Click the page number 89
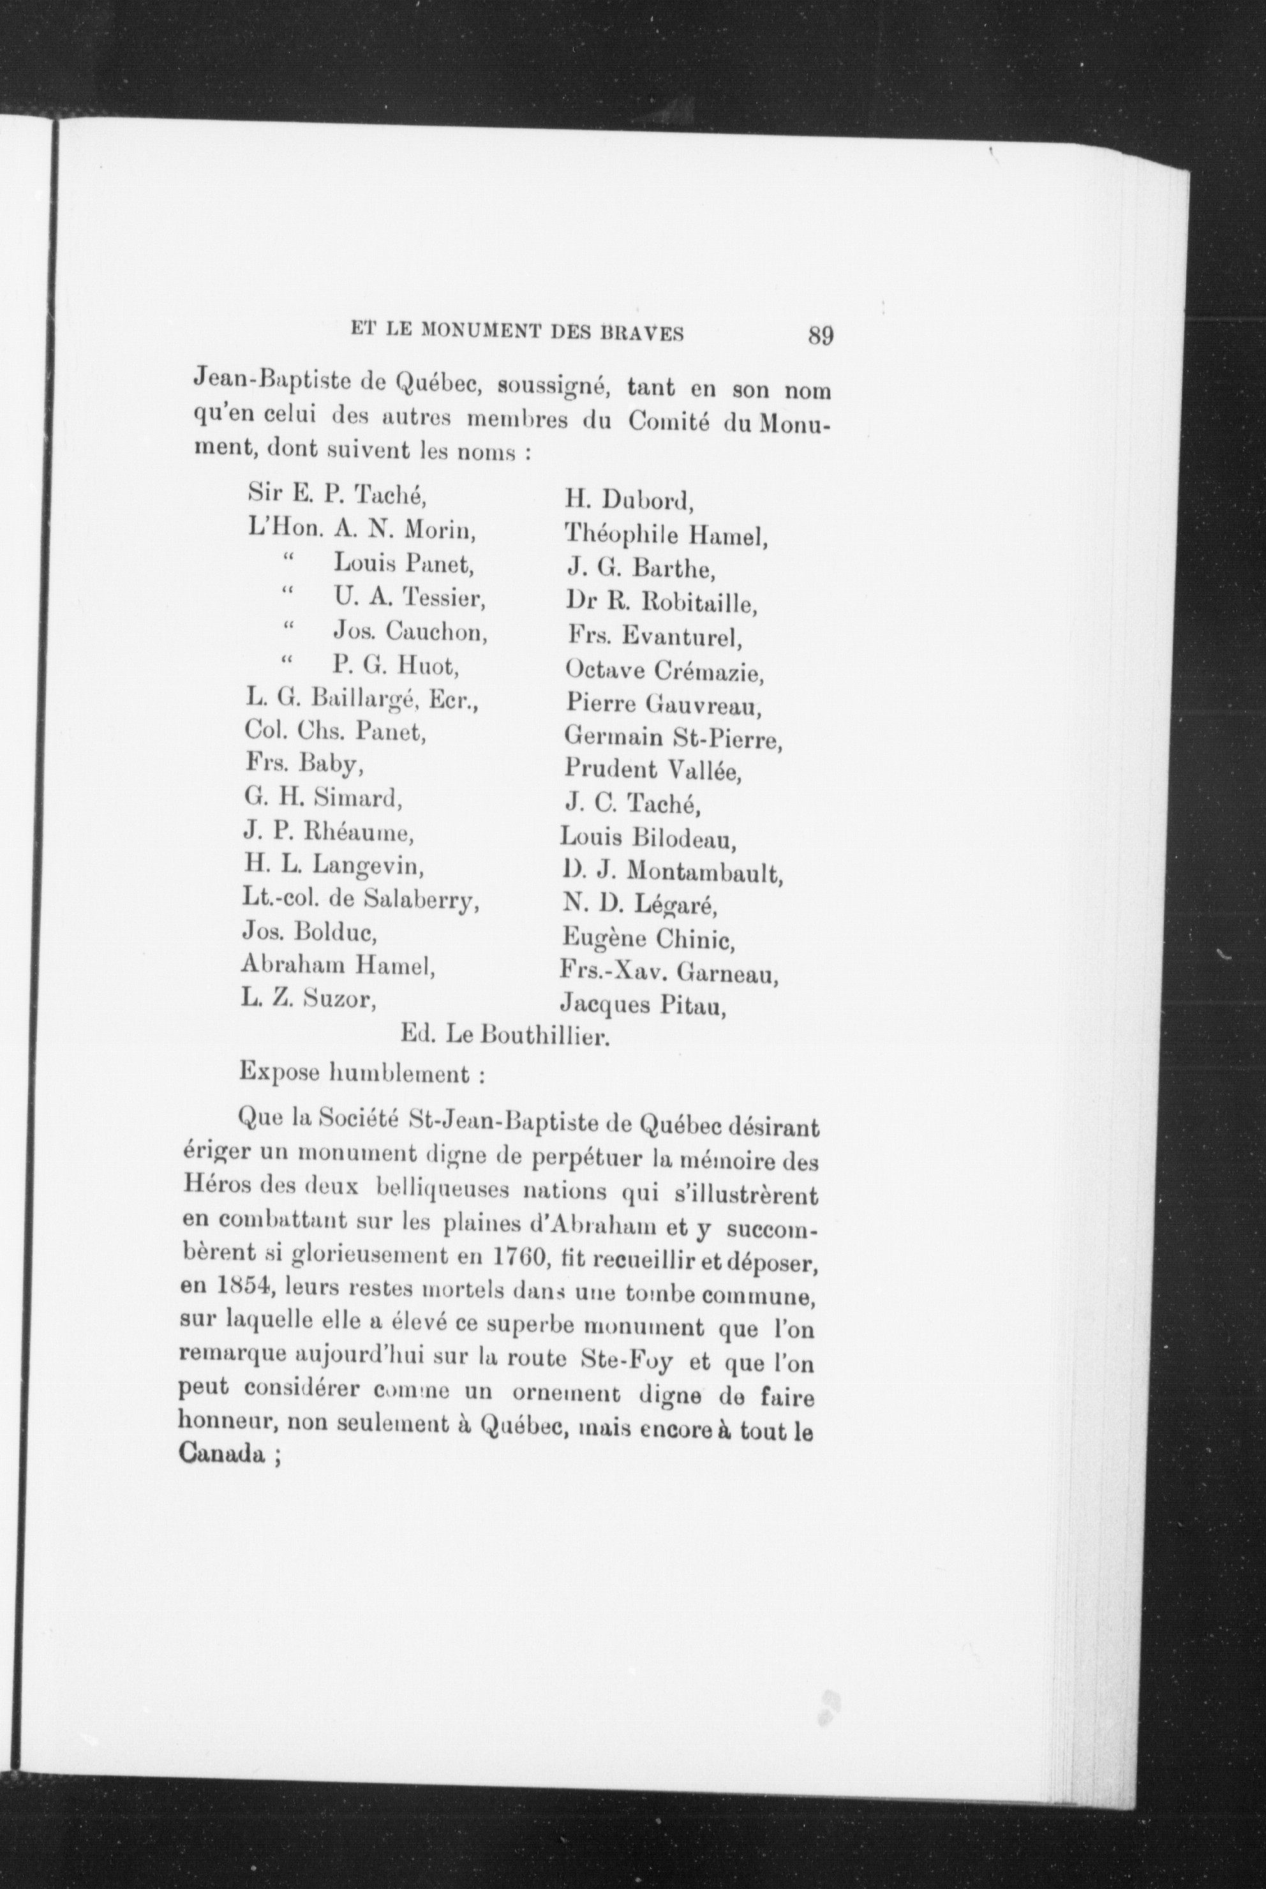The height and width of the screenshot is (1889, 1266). [819, 335]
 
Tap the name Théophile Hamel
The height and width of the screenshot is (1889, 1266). [666, 534]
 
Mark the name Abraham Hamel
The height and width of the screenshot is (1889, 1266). [339, 966]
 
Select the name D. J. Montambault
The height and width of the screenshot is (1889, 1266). [673, 872]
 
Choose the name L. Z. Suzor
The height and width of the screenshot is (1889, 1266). [309, 1000]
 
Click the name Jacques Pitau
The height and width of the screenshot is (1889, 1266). [642, 1006]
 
